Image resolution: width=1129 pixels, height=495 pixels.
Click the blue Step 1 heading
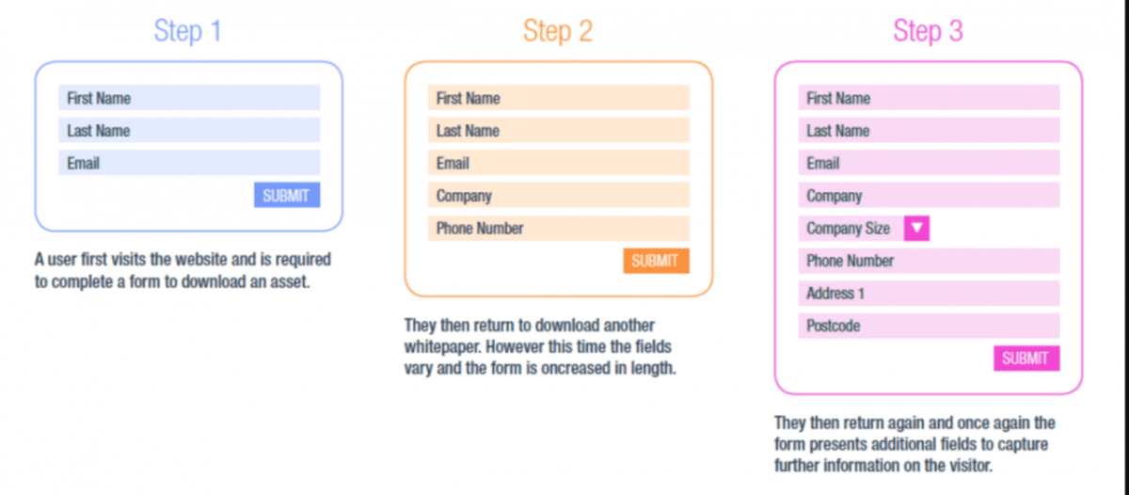tap(188, 31)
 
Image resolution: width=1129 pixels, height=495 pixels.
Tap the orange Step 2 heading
tap(558, 31)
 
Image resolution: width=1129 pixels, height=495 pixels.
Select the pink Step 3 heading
tap(928, 31)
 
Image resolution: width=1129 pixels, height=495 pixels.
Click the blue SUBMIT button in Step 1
tap(286, 196)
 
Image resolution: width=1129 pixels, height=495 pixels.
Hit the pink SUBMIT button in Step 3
tap(1026, 359)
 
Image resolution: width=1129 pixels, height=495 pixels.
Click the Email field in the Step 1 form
tap(189, 163)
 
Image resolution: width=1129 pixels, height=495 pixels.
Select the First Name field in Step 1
tap(189, 98)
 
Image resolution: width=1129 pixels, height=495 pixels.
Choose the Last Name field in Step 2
tap(558, 131)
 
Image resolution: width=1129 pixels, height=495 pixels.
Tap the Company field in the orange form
tap(558, 196)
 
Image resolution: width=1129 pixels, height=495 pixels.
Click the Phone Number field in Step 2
tap(558, 229)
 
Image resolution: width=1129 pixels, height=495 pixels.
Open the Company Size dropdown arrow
tap(916, 229)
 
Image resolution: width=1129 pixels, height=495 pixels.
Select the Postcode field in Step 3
tap(929, 326)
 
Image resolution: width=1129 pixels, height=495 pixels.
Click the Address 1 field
tap(929, 294)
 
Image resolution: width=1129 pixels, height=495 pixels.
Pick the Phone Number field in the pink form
tap(929, 261)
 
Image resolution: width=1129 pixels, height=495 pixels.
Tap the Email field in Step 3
tap(929, 163)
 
